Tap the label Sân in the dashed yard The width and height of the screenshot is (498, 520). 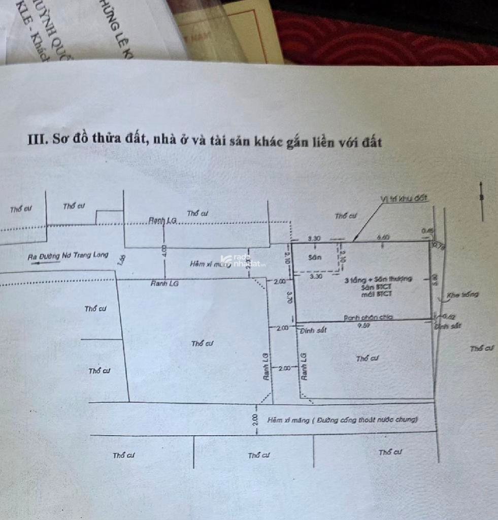pyautogui.click(x=315, y=257)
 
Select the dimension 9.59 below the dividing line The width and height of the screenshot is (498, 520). pyautogui.click(x=363, y=326)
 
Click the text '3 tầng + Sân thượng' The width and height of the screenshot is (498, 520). pyautogui.click(x=378, y=279)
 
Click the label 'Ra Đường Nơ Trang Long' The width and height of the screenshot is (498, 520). pyautogui.click(x=68, y=255)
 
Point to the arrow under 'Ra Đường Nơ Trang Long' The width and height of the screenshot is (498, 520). pyautogui.click(x=41, y=263)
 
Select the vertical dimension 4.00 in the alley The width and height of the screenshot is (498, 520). pyautogui.click(x=163, y=250)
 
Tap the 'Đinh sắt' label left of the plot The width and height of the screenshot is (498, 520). pyautogui.click(x=313, y=331)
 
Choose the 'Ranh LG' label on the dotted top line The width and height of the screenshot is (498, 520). pyautogui.click(x=162, y=220)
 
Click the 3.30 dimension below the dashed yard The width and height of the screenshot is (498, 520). pyautogui.click(x=316, y=277)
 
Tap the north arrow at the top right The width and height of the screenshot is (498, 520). pyautogui.click(x=481, y=201)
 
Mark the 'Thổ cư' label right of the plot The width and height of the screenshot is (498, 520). pyautogui.click(x=482, y=348)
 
